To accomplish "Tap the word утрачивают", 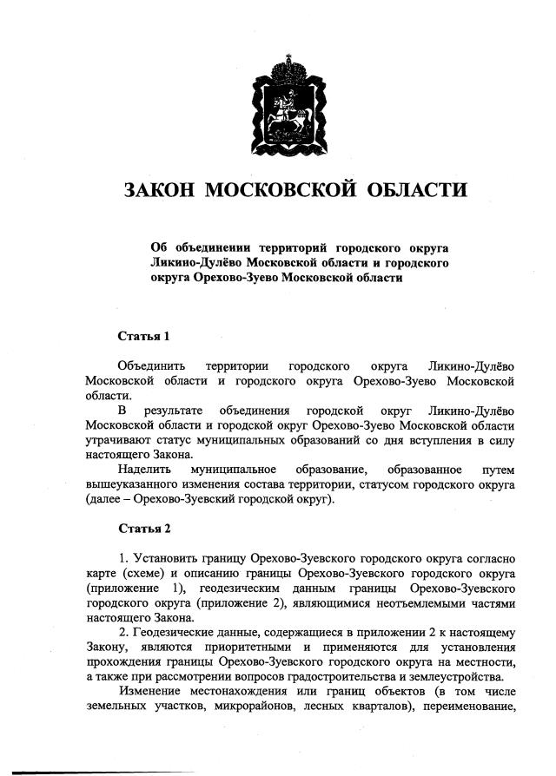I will click(119, 440).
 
